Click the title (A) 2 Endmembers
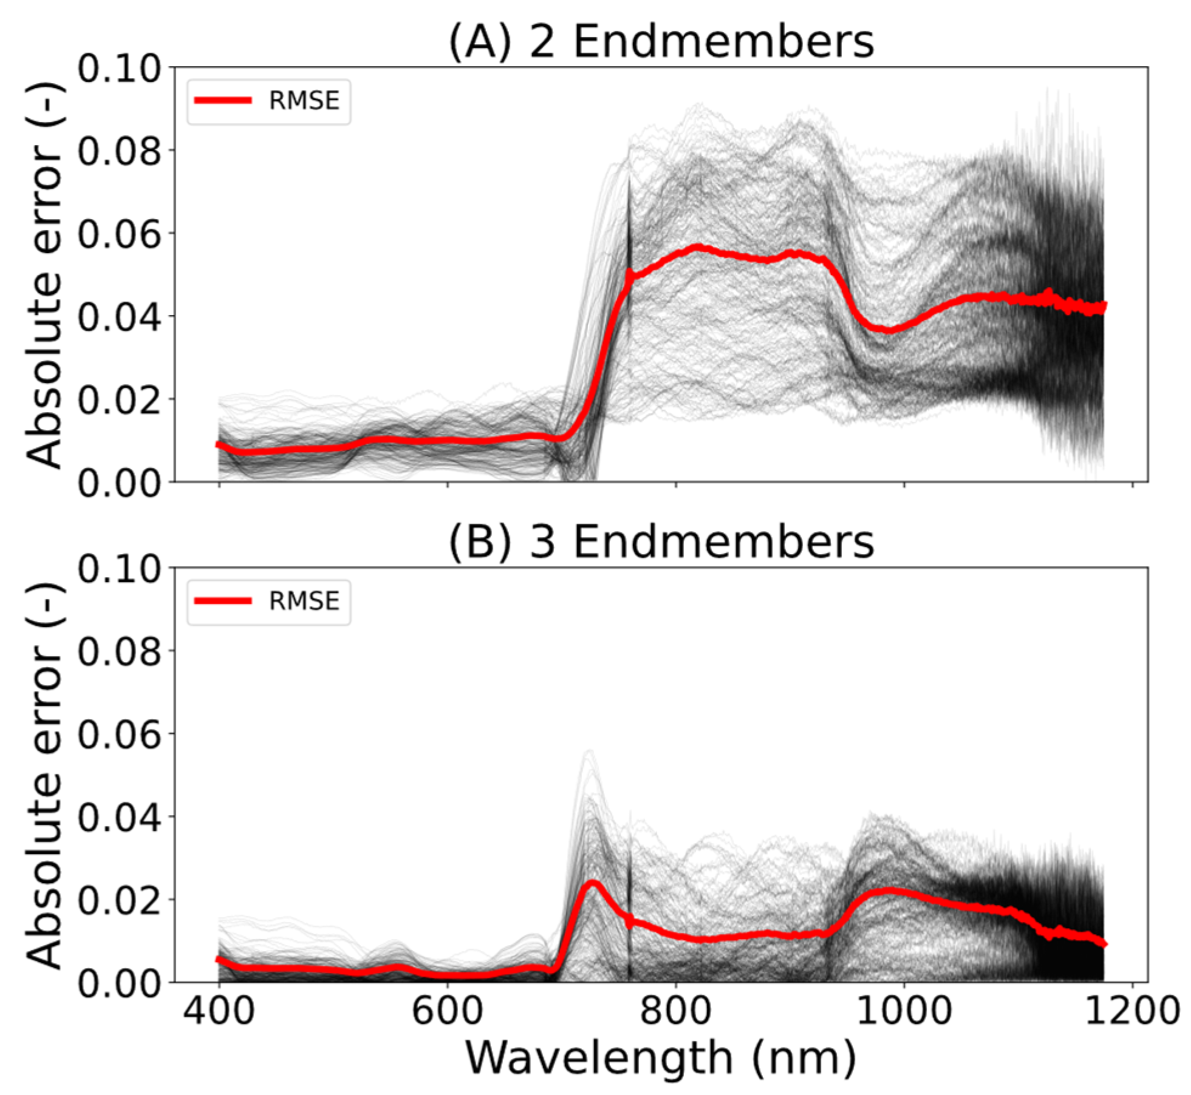point(661,42)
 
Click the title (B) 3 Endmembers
point(661,542)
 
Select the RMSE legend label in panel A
point(304,101)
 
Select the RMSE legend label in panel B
point(304,601)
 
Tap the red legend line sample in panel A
point(223,101)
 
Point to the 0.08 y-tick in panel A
point(119,151)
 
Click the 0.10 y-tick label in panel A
point(119,69)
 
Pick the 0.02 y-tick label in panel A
point(119,400)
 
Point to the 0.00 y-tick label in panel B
point(119,983)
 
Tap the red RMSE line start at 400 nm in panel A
point(220,445)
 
